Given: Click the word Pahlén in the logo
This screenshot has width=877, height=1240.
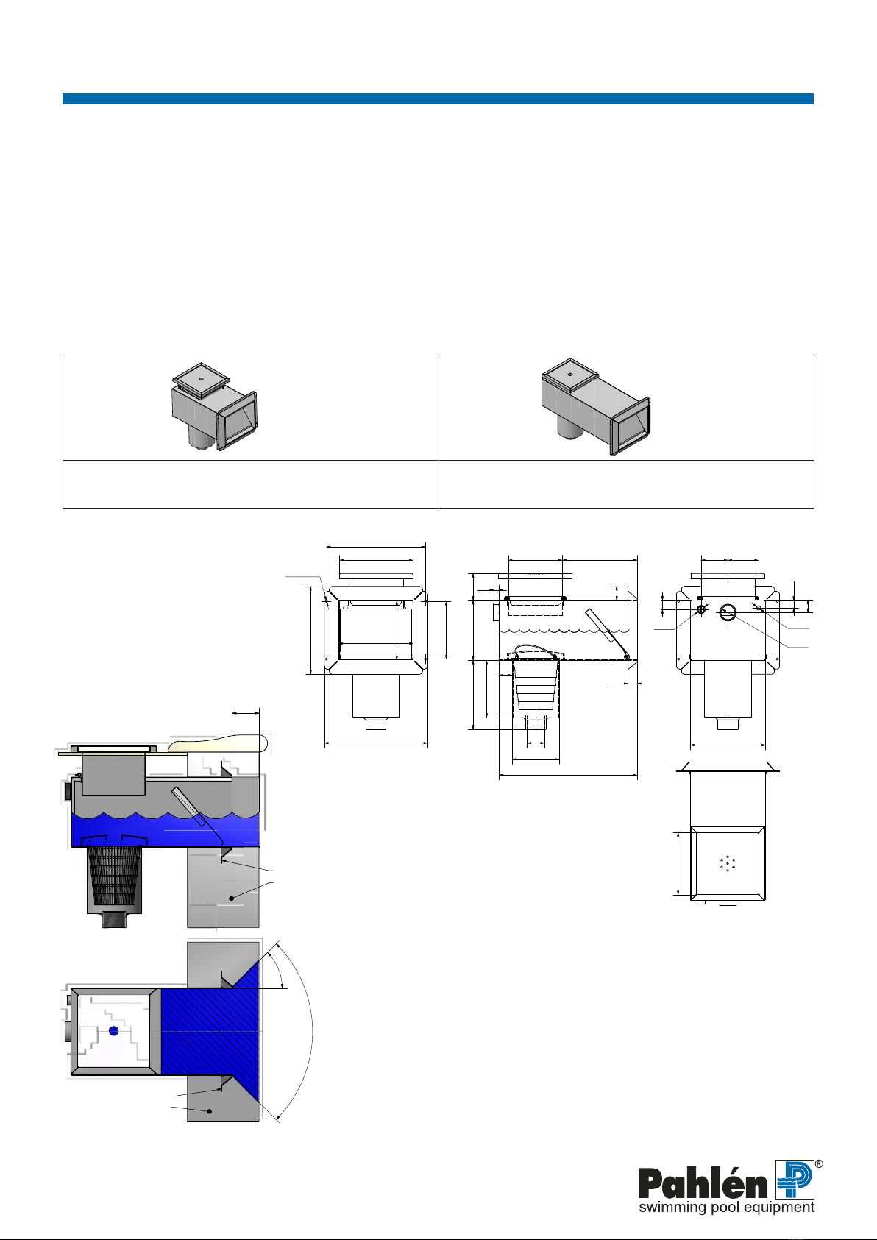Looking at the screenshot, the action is [x=703, y=1184].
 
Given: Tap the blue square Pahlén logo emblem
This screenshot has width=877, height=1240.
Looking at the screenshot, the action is [x=795, y=1180].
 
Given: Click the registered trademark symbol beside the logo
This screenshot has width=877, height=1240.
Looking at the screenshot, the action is [x=819, y=1164].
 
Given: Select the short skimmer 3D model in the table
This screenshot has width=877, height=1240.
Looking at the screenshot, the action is [x=214, y=406].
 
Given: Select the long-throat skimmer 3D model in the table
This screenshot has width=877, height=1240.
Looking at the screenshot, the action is [x=595, y=407].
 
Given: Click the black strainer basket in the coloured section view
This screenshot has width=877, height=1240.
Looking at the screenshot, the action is [x=115, y=876].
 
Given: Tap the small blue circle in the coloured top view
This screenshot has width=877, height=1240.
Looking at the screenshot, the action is [x=114, y=1031].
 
